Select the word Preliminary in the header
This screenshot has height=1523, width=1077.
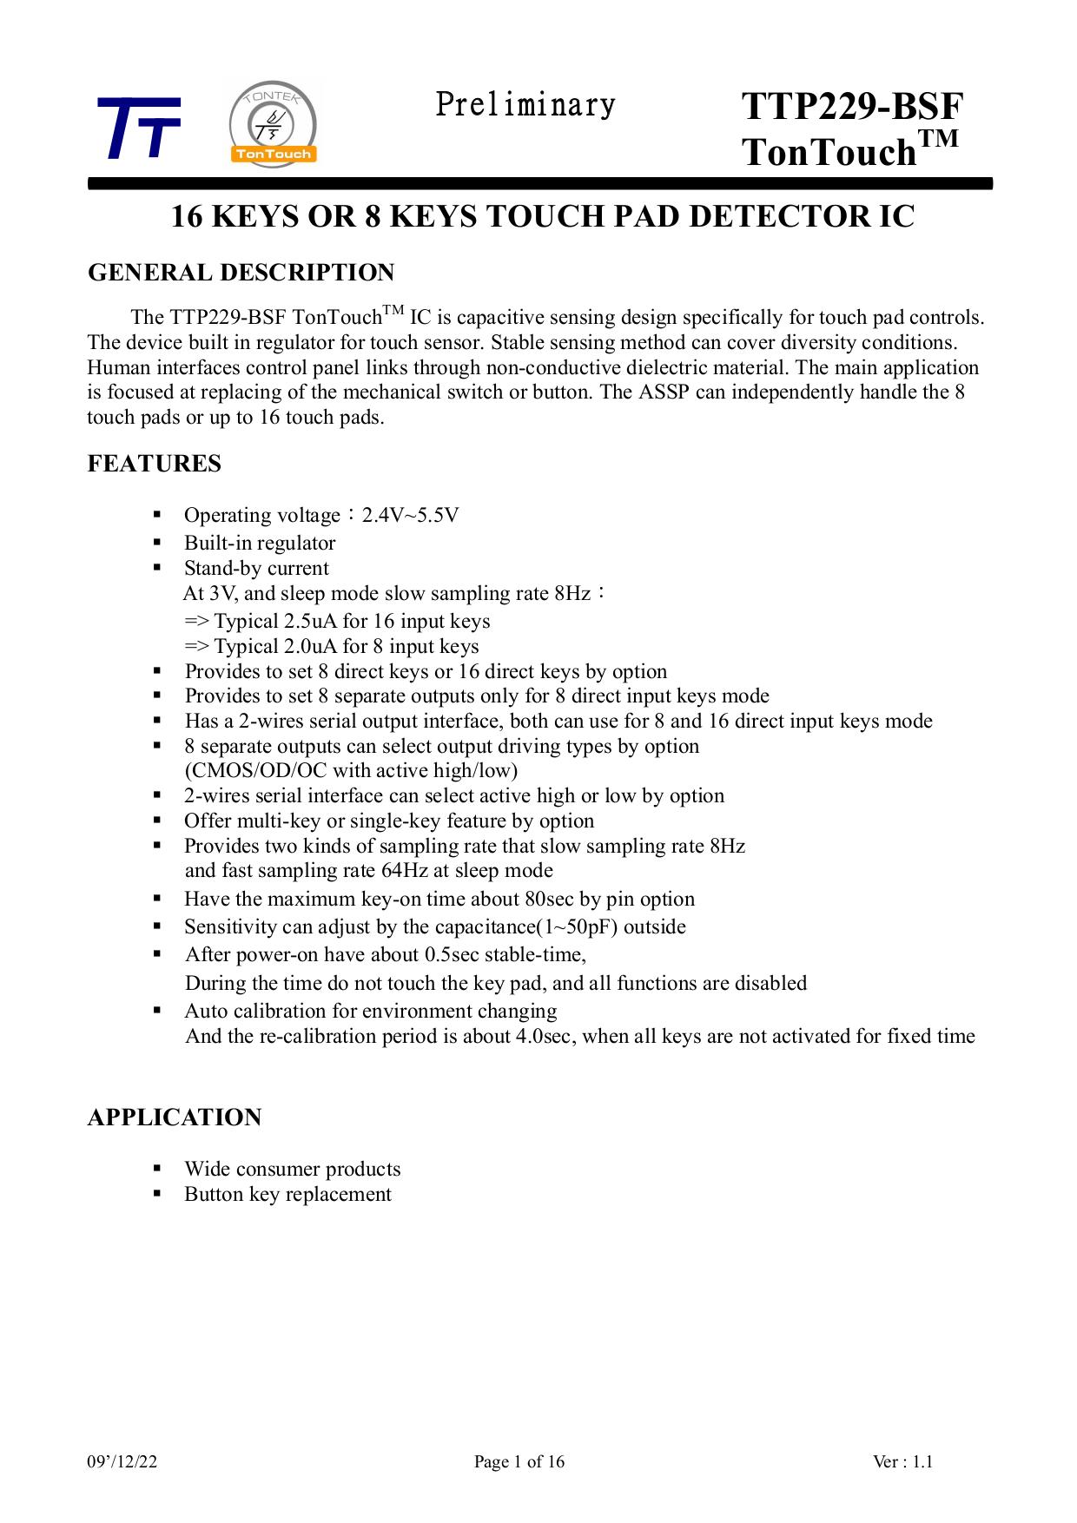click(x=525, y=105)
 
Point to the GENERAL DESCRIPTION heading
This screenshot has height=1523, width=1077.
click(x=241, y=273)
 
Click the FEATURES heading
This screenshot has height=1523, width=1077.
click(x=155, y=464)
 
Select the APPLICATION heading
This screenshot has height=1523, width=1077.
click(x=175, y=1118)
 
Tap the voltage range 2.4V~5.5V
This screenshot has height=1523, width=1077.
click(x=410, y=516)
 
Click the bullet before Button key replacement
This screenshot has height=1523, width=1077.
click(x=157, y=1194)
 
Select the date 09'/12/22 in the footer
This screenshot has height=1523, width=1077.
click(x=122, y=1462)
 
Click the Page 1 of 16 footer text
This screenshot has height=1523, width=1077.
click(x=519, y=1462)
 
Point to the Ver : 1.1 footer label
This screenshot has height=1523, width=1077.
click(x=902, y=1462)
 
